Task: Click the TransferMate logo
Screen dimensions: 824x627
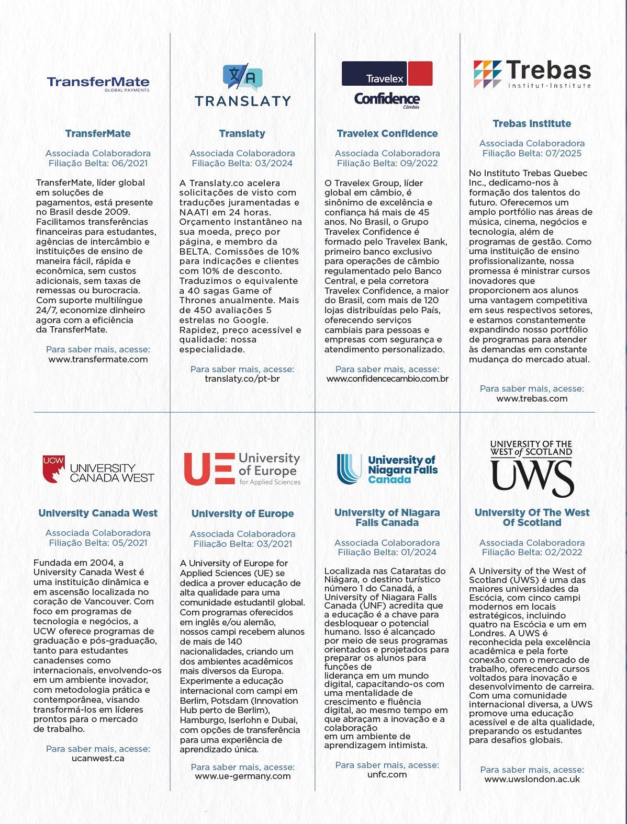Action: tap(98, 84)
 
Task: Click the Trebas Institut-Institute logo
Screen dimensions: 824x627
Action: tap(532, 74)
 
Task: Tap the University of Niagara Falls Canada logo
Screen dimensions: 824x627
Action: tap(387, 468)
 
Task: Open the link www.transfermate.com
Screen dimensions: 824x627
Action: tap(98, 359)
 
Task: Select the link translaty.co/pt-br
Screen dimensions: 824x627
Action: tap(242, 379)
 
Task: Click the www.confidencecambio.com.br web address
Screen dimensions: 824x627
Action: tap(387, 379)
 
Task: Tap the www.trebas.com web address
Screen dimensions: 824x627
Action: tap(532, 398)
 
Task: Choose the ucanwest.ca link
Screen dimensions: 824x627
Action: tap(98, 758)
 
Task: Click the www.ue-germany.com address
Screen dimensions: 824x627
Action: tap(242, 776)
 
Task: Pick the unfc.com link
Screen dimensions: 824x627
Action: tap(387, 774)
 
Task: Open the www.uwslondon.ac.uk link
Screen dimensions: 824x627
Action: tap(532, 779)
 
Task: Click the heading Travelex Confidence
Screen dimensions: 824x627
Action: tap(387, 133)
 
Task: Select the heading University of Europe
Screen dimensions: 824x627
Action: tap(242, 513)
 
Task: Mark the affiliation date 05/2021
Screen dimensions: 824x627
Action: tap(129, 543)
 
